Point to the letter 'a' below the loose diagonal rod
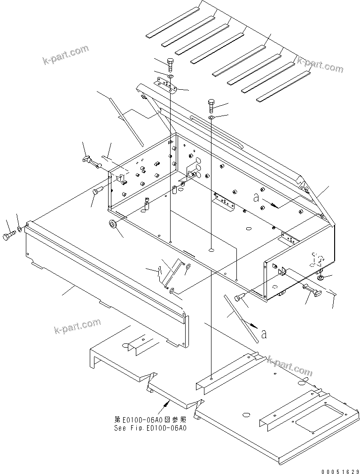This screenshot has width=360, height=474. (264, 334)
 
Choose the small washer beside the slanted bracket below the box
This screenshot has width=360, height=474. (187, 268)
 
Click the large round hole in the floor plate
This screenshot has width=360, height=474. (245, 415)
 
